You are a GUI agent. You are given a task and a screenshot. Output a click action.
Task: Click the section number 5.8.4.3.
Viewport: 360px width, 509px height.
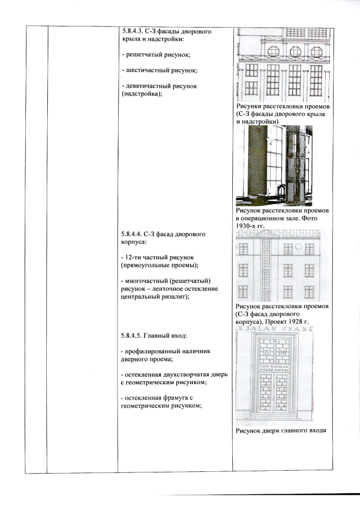point(132,31)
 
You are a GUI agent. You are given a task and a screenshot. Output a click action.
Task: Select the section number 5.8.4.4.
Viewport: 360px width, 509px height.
point(131,234)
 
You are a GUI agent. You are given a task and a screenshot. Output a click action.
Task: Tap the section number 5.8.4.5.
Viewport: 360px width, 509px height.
point(131,335)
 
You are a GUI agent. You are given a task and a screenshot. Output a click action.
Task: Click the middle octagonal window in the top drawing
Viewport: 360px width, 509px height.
point(295,52)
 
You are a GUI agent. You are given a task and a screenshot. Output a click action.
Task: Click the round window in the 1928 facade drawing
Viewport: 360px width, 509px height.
point(299,247)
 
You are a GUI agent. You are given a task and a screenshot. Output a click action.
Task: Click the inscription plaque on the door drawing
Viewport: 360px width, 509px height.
point(274,368)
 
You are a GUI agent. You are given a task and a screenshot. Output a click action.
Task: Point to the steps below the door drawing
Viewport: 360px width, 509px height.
point(274,417)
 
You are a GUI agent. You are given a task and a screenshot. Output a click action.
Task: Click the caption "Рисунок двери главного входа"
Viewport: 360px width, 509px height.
point(281,431)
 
